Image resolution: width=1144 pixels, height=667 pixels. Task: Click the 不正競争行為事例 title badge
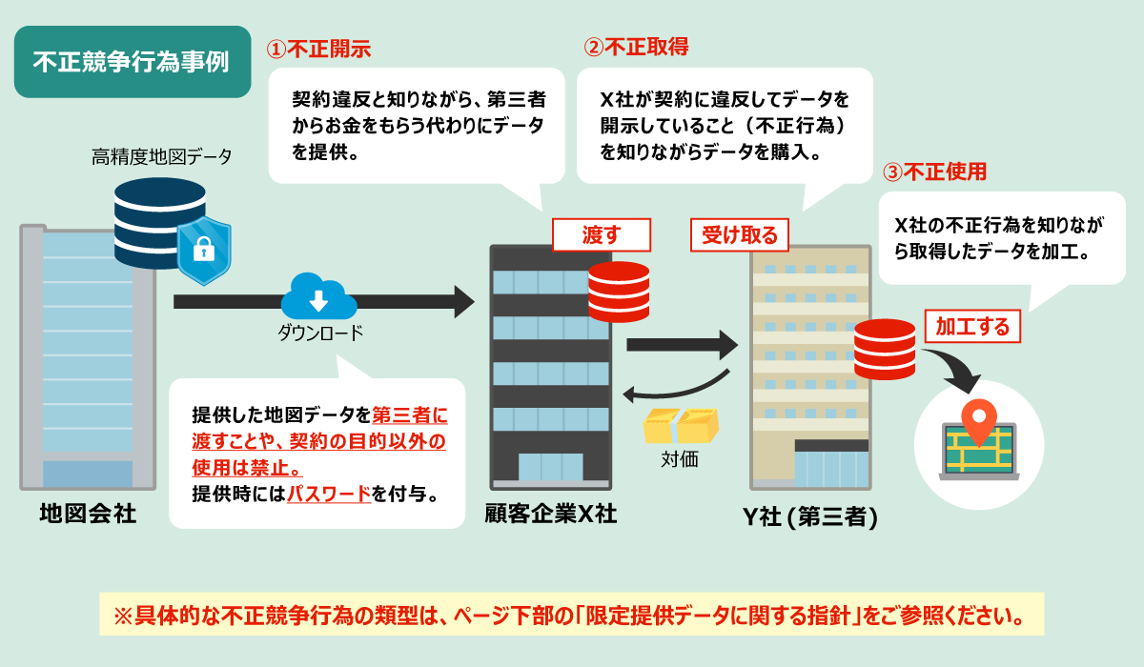[132, 62]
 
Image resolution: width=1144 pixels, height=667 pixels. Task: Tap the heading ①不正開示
[317, 48]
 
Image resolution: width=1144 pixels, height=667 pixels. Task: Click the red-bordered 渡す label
[601, 234]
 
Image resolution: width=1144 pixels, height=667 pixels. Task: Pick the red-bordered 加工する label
[972, 327]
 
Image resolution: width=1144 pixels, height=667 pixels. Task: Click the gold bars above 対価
[680, 425]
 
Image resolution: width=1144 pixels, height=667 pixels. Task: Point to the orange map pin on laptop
[978, 421]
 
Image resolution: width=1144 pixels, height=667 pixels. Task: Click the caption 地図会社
[88, 515]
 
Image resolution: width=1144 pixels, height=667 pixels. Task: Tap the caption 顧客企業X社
[550, 515]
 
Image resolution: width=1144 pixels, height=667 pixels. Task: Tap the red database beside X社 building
[619, 292]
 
